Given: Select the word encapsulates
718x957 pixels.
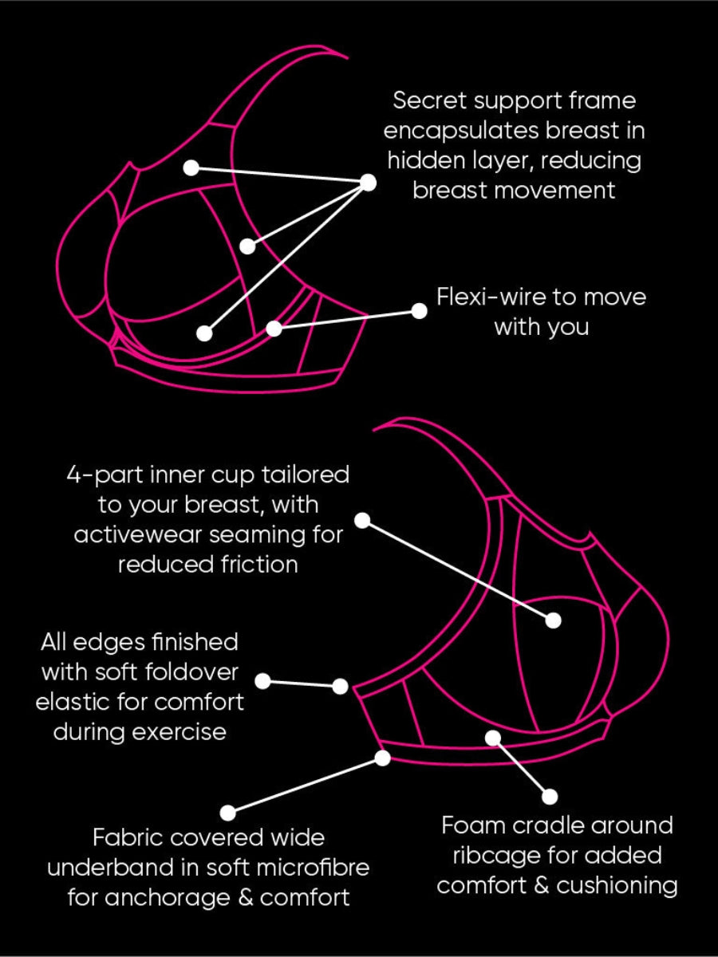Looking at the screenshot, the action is point(461,131).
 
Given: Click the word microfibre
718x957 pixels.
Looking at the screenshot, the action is point(313,868).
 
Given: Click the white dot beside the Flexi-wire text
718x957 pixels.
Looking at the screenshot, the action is point(420,311).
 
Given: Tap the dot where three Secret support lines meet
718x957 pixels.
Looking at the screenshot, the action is point(369,183).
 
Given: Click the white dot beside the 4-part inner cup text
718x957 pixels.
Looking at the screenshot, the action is point(363,520).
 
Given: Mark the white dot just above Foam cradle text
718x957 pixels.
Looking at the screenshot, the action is point(550,797).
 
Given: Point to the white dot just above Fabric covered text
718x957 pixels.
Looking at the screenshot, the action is point(227,812).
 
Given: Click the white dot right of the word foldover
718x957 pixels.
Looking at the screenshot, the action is point(263,681).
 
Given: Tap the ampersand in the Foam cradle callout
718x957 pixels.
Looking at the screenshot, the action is point(542,886).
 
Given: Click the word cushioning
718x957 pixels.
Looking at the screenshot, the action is point(617,886).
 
